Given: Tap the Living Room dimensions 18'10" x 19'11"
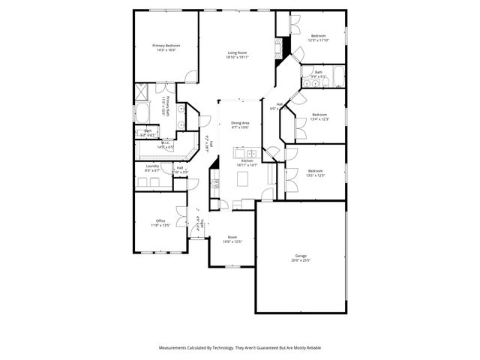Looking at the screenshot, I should click(x=238, y=57).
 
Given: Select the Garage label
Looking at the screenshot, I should click(x=300, y=256).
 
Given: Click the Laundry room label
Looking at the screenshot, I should click(x=152, y=167).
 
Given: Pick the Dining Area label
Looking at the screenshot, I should click(x=240, y=122).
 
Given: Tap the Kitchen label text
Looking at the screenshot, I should click(x=247, y=160).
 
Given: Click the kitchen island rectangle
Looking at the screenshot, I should click(x=242, y=178).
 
